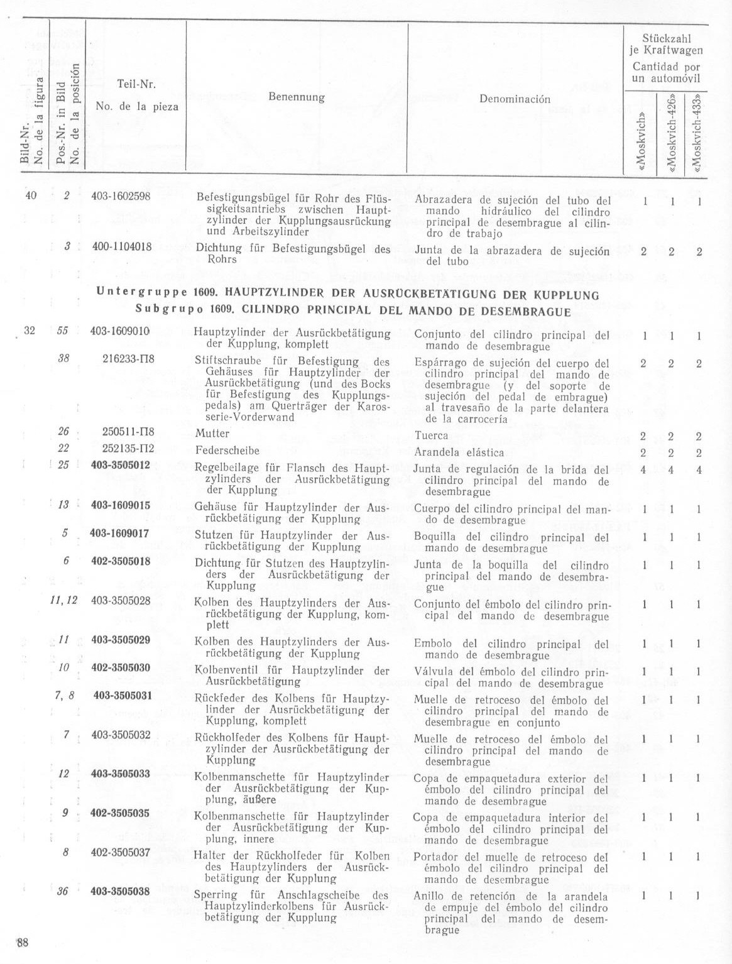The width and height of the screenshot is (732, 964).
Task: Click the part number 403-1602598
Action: (x=121, y=196)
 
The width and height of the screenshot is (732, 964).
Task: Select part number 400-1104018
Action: (x=121, y=247)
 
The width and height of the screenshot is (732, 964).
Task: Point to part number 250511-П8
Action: (x=128, y=432)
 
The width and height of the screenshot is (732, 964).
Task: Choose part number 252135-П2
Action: (x=128, y=449)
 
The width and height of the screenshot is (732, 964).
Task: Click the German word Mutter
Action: (x=212, y=434)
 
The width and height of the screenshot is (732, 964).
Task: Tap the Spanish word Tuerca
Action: (x=432, y=435)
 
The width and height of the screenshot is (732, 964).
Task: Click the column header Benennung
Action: (x=297, y=97)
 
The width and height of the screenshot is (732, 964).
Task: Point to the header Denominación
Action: (x=515, y=99)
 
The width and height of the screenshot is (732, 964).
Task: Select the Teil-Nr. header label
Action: (x=136, y=84)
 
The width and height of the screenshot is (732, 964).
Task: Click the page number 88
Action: (x=23, y=943)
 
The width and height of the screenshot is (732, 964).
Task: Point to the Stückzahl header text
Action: (x=666, y=39)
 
